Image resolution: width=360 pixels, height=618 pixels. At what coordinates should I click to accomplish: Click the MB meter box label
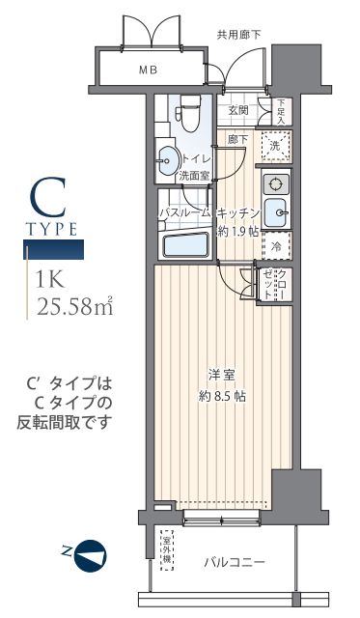pos(148,70)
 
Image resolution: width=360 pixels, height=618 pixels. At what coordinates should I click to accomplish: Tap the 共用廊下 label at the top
pos(239,35)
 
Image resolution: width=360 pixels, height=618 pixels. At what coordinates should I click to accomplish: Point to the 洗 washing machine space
pos(275,147)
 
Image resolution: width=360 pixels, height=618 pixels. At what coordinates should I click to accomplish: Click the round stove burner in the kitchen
pos(275,183)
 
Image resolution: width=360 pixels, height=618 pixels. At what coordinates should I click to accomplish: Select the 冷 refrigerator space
pos(275,246)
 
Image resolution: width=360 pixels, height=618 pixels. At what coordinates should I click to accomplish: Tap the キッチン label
pos(237,213)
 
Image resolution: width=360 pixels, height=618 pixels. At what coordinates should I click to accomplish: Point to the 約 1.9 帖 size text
pos(236,232)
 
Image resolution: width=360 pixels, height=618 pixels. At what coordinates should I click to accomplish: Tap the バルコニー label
pos(235,562)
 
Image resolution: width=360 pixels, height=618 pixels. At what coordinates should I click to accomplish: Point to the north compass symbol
pos(90,553)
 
